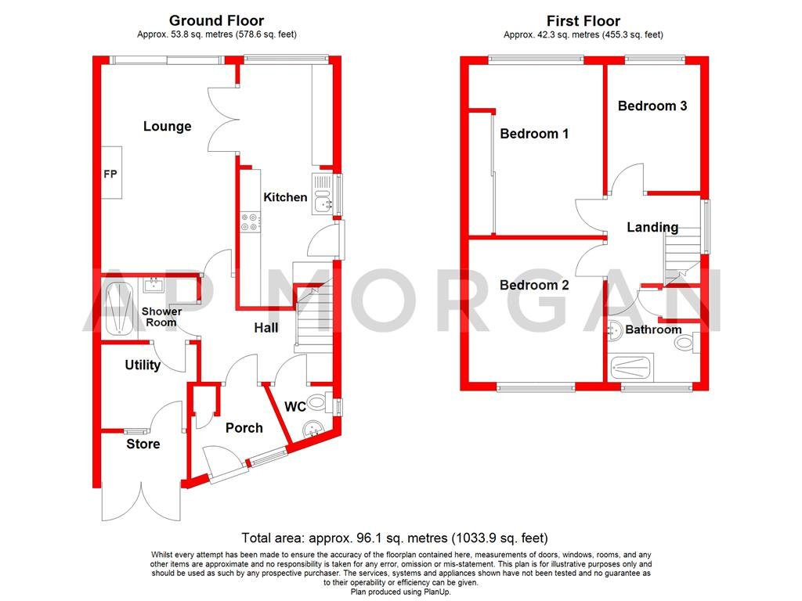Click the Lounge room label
[x=167, y=127]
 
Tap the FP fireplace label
[x=110, y=174]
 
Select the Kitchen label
[x=285, y=197]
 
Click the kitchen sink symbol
[x=323, y=195]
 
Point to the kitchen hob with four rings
[x=250, y=222]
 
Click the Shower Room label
[x=161, y=317]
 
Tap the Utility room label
[x=143, y=365]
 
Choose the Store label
[x=143, y=444]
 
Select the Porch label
[x=244, y=428]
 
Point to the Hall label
[x=266, y=328]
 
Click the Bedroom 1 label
[x=534, y=134]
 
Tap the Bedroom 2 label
[x=534, y=286]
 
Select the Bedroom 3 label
[x=652, y=106]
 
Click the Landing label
[x=652, y=228]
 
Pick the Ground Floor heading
[x=216, y=21]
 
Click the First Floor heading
[x=584, y=21]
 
